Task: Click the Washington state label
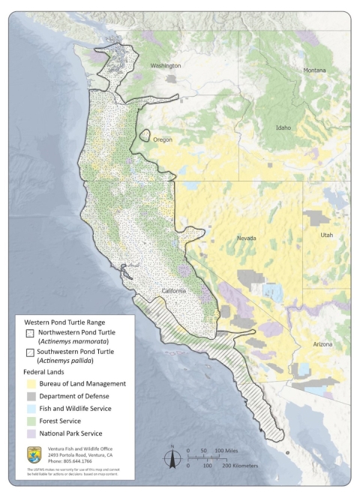click(x=166, y=66)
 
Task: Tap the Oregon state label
click(x=163, y=139)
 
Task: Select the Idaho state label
click(x=283, y=127)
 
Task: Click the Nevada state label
click(x=247, y=238)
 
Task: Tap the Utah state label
click(x=326, y=235)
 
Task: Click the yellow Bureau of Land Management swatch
click(x=31, y=383)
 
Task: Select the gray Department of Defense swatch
click(x=31, y=396)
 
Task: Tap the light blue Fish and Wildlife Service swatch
click(x=31, y=408)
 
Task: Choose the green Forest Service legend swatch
click(x=31, y=421)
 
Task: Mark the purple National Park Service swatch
click(x=31, y=433)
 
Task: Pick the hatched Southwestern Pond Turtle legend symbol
click(x=31, y=353)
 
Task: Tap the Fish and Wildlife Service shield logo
click(x=33, y=454)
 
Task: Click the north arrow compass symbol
click(x=171, y=457)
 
